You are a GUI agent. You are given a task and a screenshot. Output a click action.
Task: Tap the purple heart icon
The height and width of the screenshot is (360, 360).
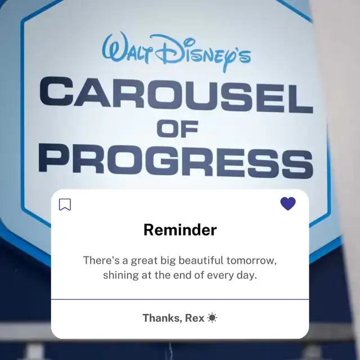tap(288, 204)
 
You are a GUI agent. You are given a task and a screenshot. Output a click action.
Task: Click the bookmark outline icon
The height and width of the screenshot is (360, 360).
tap(65, 204)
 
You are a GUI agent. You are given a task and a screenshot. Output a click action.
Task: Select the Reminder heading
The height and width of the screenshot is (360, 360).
tap(180, 229)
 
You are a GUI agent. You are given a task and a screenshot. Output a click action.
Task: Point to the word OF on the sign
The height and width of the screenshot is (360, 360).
tap(178, 129)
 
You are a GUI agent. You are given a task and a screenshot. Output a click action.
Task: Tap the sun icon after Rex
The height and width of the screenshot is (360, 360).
tap(212, 318)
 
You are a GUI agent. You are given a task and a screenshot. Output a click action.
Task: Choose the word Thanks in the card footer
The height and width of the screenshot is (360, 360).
tap(163, 318)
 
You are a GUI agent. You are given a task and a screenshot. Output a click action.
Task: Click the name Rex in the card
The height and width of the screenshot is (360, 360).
tap(195, 318)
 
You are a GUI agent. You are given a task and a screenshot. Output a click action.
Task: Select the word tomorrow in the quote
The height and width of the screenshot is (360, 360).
tap(251, 260)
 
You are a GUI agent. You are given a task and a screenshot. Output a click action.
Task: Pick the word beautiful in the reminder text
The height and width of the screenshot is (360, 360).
tap(201, 260)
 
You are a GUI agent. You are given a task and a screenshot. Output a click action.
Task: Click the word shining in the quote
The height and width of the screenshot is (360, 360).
tap(121, 275)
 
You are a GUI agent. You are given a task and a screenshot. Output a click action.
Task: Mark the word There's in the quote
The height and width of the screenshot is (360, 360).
tap(101, 260)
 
